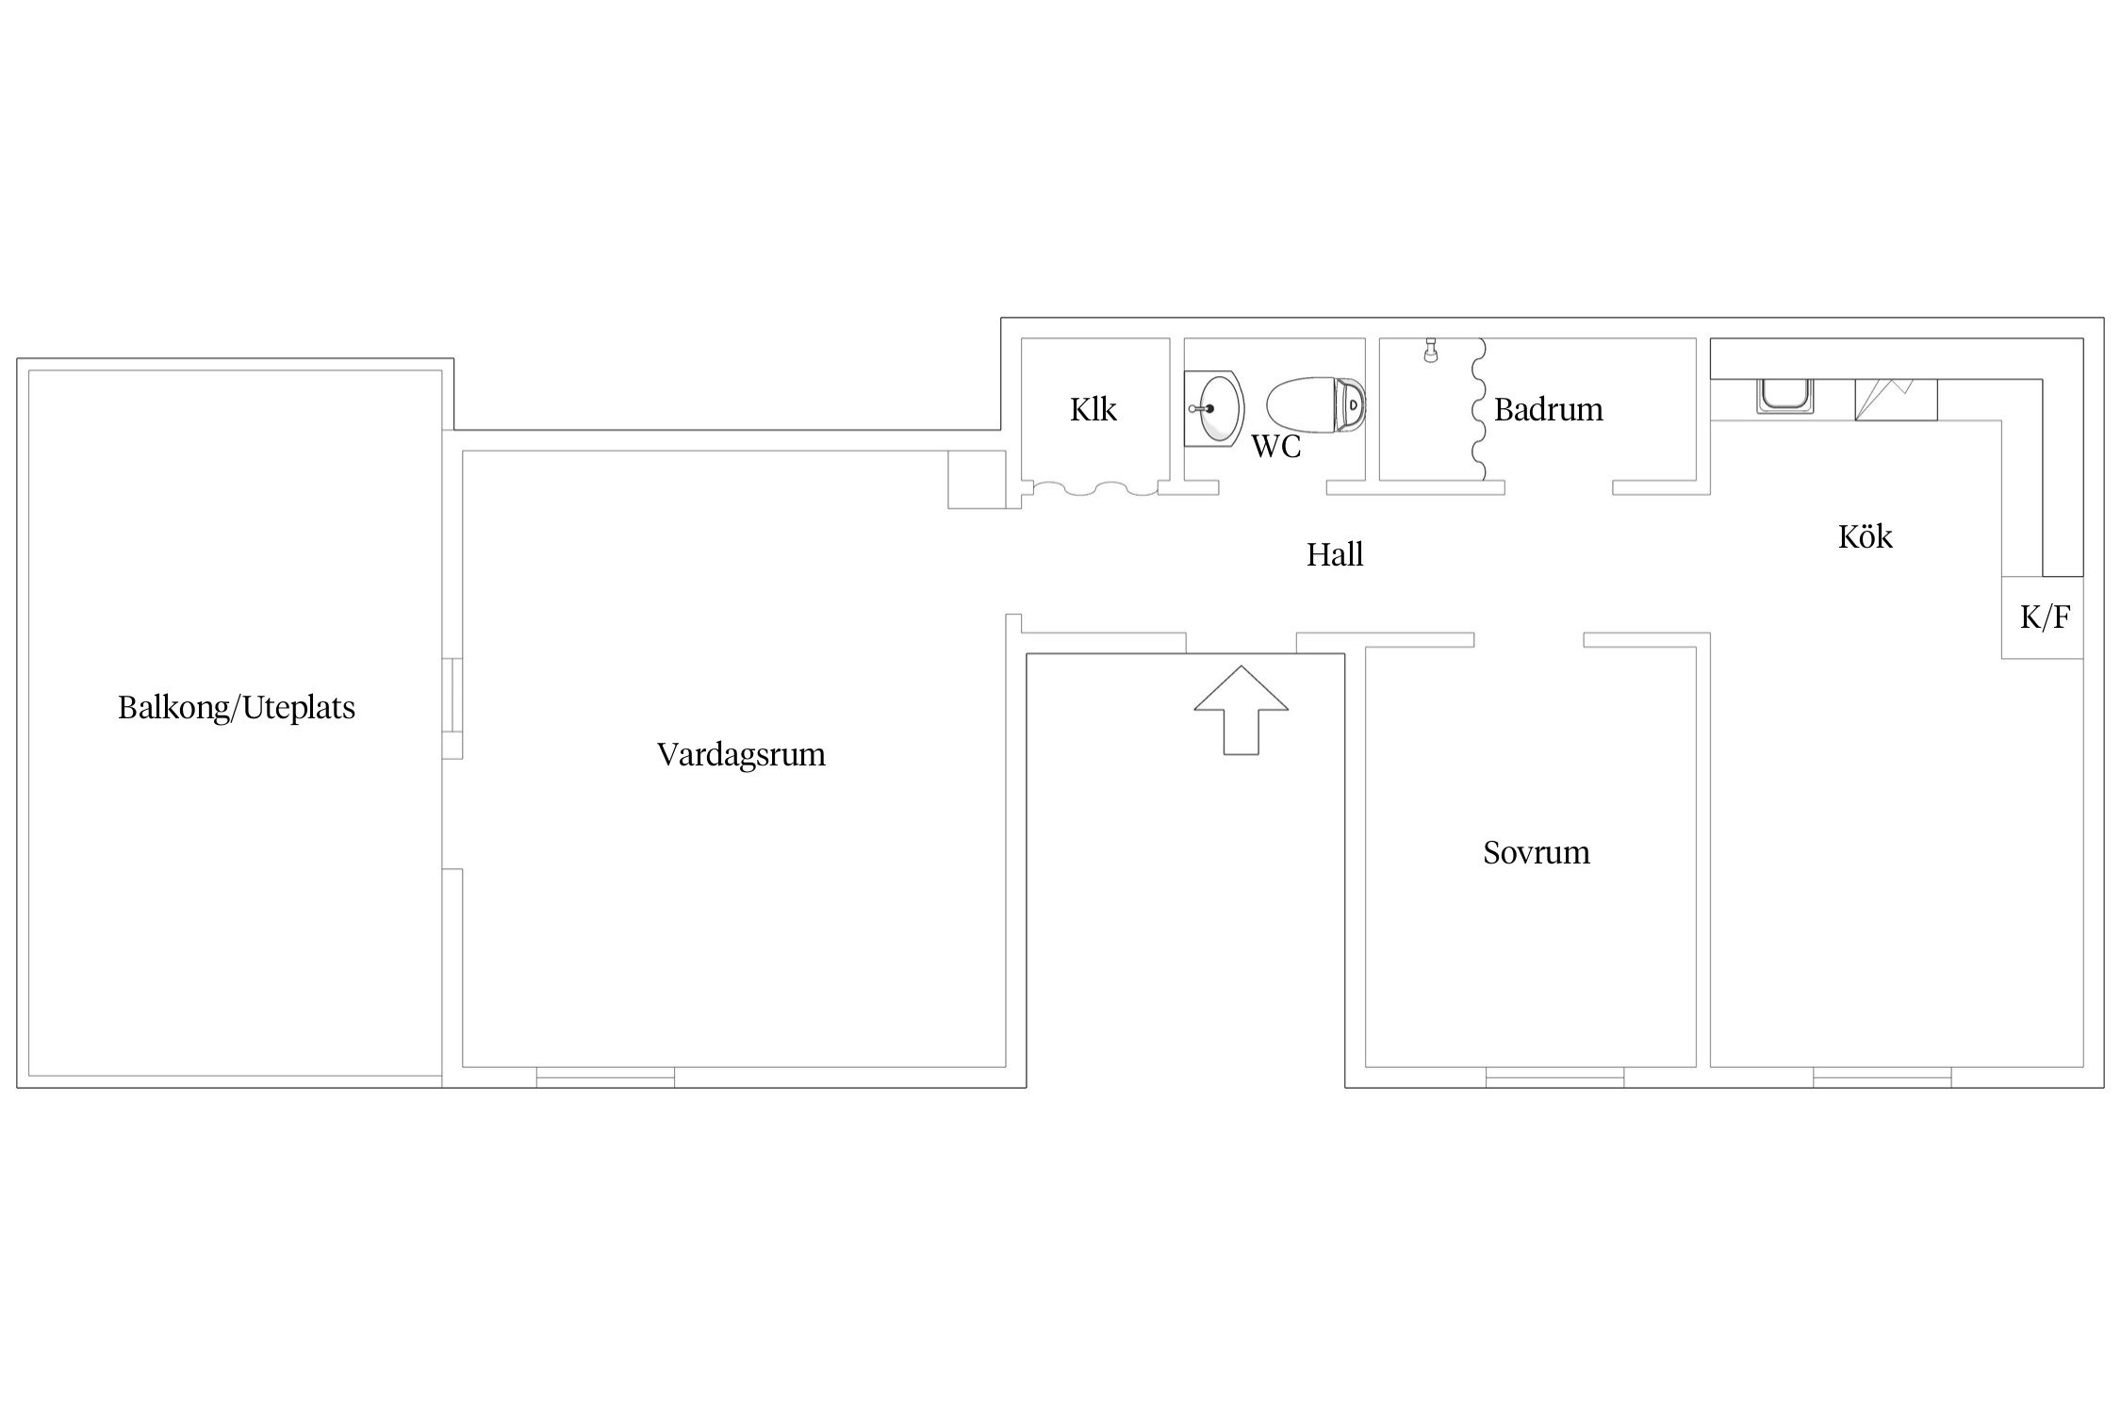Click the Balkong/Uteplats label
click(x=237, y=708)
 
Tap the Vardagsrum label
click(x=741, y=754)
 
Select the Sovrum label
click(x=1537, y=852)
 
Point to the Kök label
click(x=1866, y=536)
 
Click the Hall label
click(x=1335, y=554)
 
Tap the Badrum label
click(x=1549, y=409)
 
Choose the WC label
click(x=1276, y=446)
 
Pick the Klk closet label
click(x=1093, y=409)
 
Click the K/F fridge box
click(x=2043, y=617)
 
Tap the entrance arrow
click(x=1241, y=710)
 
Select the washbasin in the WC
click(x=1214, y=409)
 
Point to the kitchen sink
click(x=1784, y=396)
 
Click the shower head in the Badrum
click(x=1431, y=350)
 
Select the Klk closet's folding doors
click(x=1093, y=487)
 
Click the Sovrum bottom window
click(x=1554, y=1077)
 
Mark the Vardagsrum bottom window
click(x=605, y=1077)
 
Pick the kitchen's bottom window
click(x=1883, y=1077)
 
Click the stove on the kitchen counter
click(x=1896, y=400)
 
